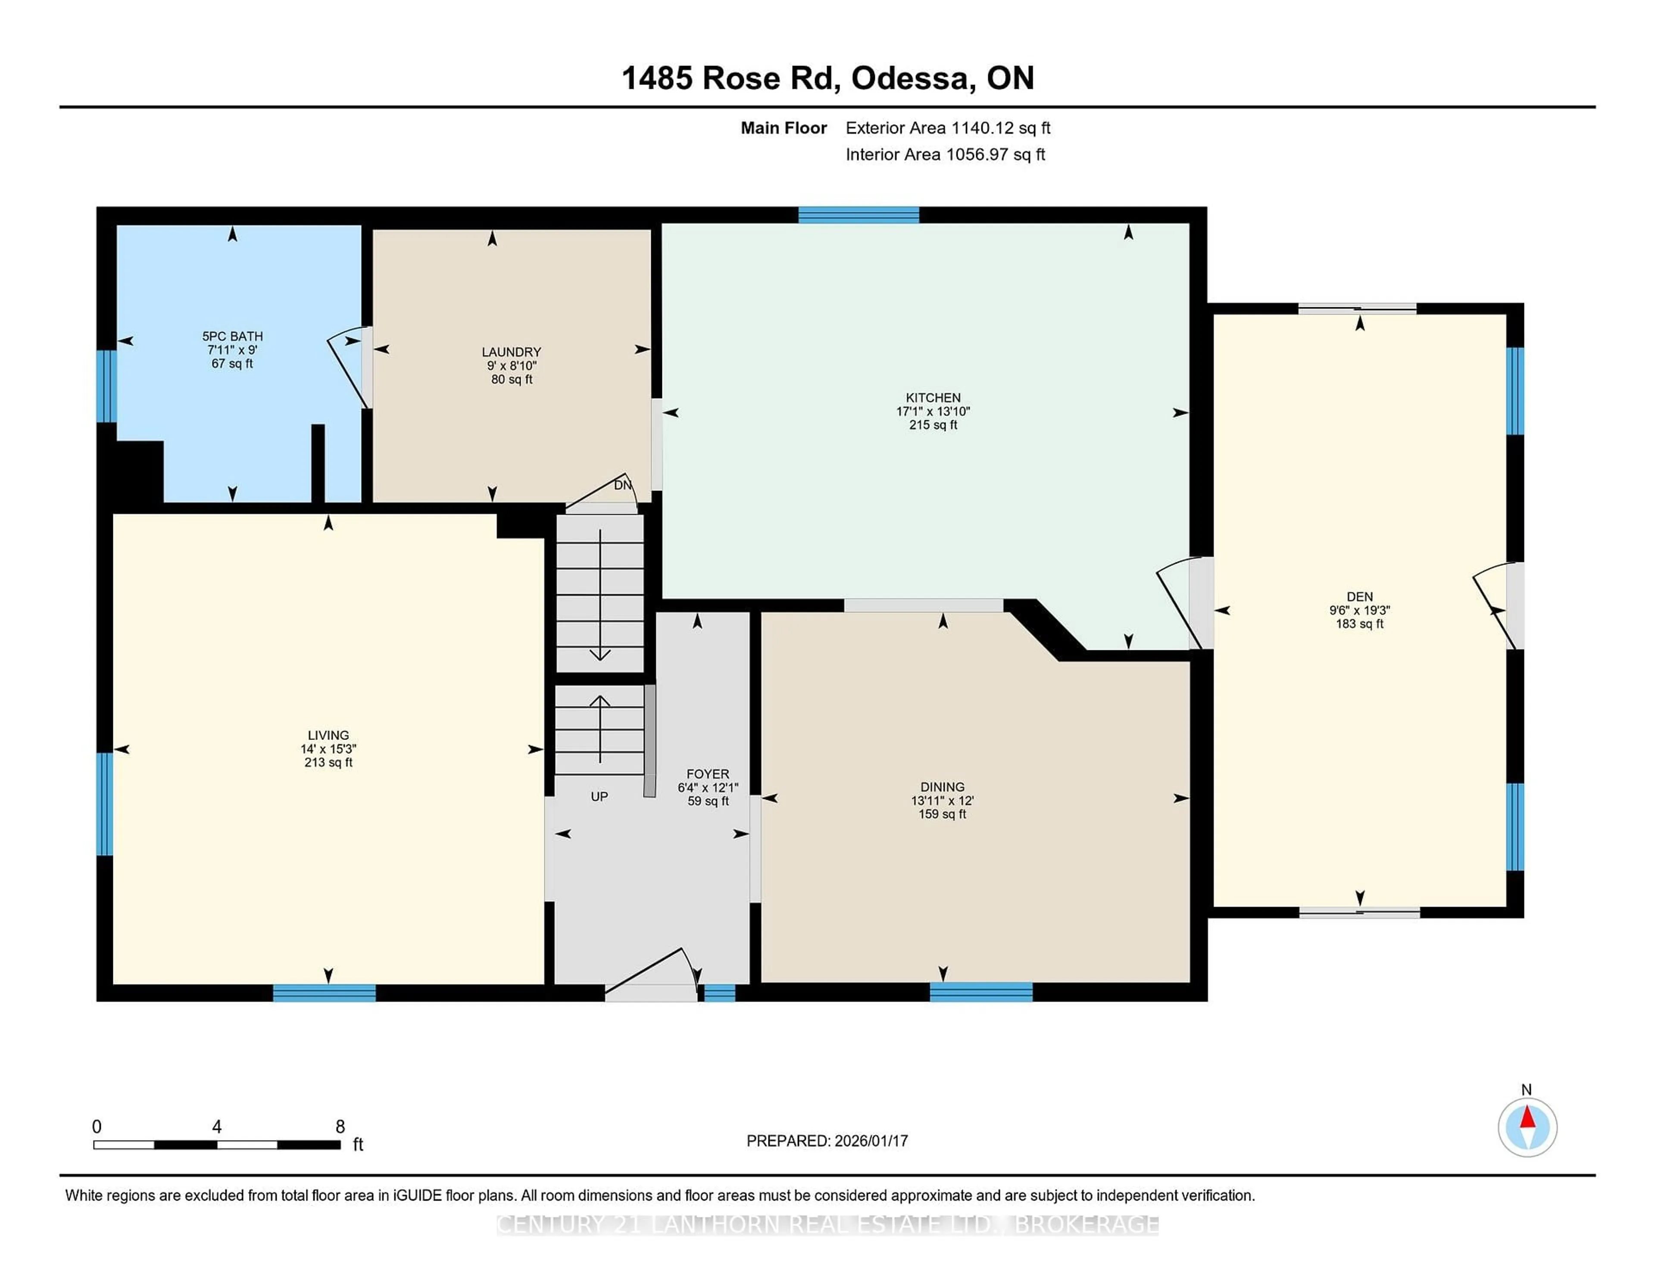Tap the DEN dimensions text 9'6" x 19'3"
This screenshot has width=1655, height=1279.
pos(1359,610)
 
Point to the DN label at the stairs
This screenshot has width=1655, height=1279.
pos(622,485)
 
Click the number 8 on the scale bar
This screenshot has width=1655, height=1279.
pos(340,1127)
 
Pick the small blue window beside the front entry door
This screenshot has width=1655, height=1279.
pos(719,992)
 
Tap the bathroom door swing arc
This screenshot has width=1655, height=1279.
pos(347,370)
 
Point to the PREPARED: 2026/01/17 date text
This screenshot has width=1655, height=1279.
pos(827,1140)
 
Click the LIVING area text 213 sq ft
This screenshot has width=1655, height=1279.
pos(328,762)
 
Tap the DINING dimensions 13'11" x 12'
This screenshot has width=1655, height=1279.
pos(942,800)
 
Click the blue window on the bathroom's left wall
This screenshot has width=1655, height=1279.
pos(106,386)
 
